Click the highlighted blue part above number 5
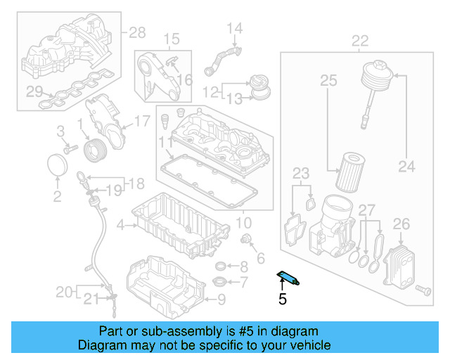click(288, 278)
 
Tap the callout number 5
click(283, 300)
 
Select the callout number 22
click(360, 40)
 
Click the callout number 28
click(136, 32)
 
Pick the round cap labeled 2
click(57, 167)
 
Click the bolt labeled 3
click(70, 149)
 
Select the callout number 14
click(234, 29)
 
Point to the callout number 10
click(243, 223)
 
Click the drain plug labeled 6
click(247, 242)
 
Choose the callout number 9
click(221, 300)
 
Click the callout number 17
click(142, 122)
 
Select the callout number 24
click(406, 167)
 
